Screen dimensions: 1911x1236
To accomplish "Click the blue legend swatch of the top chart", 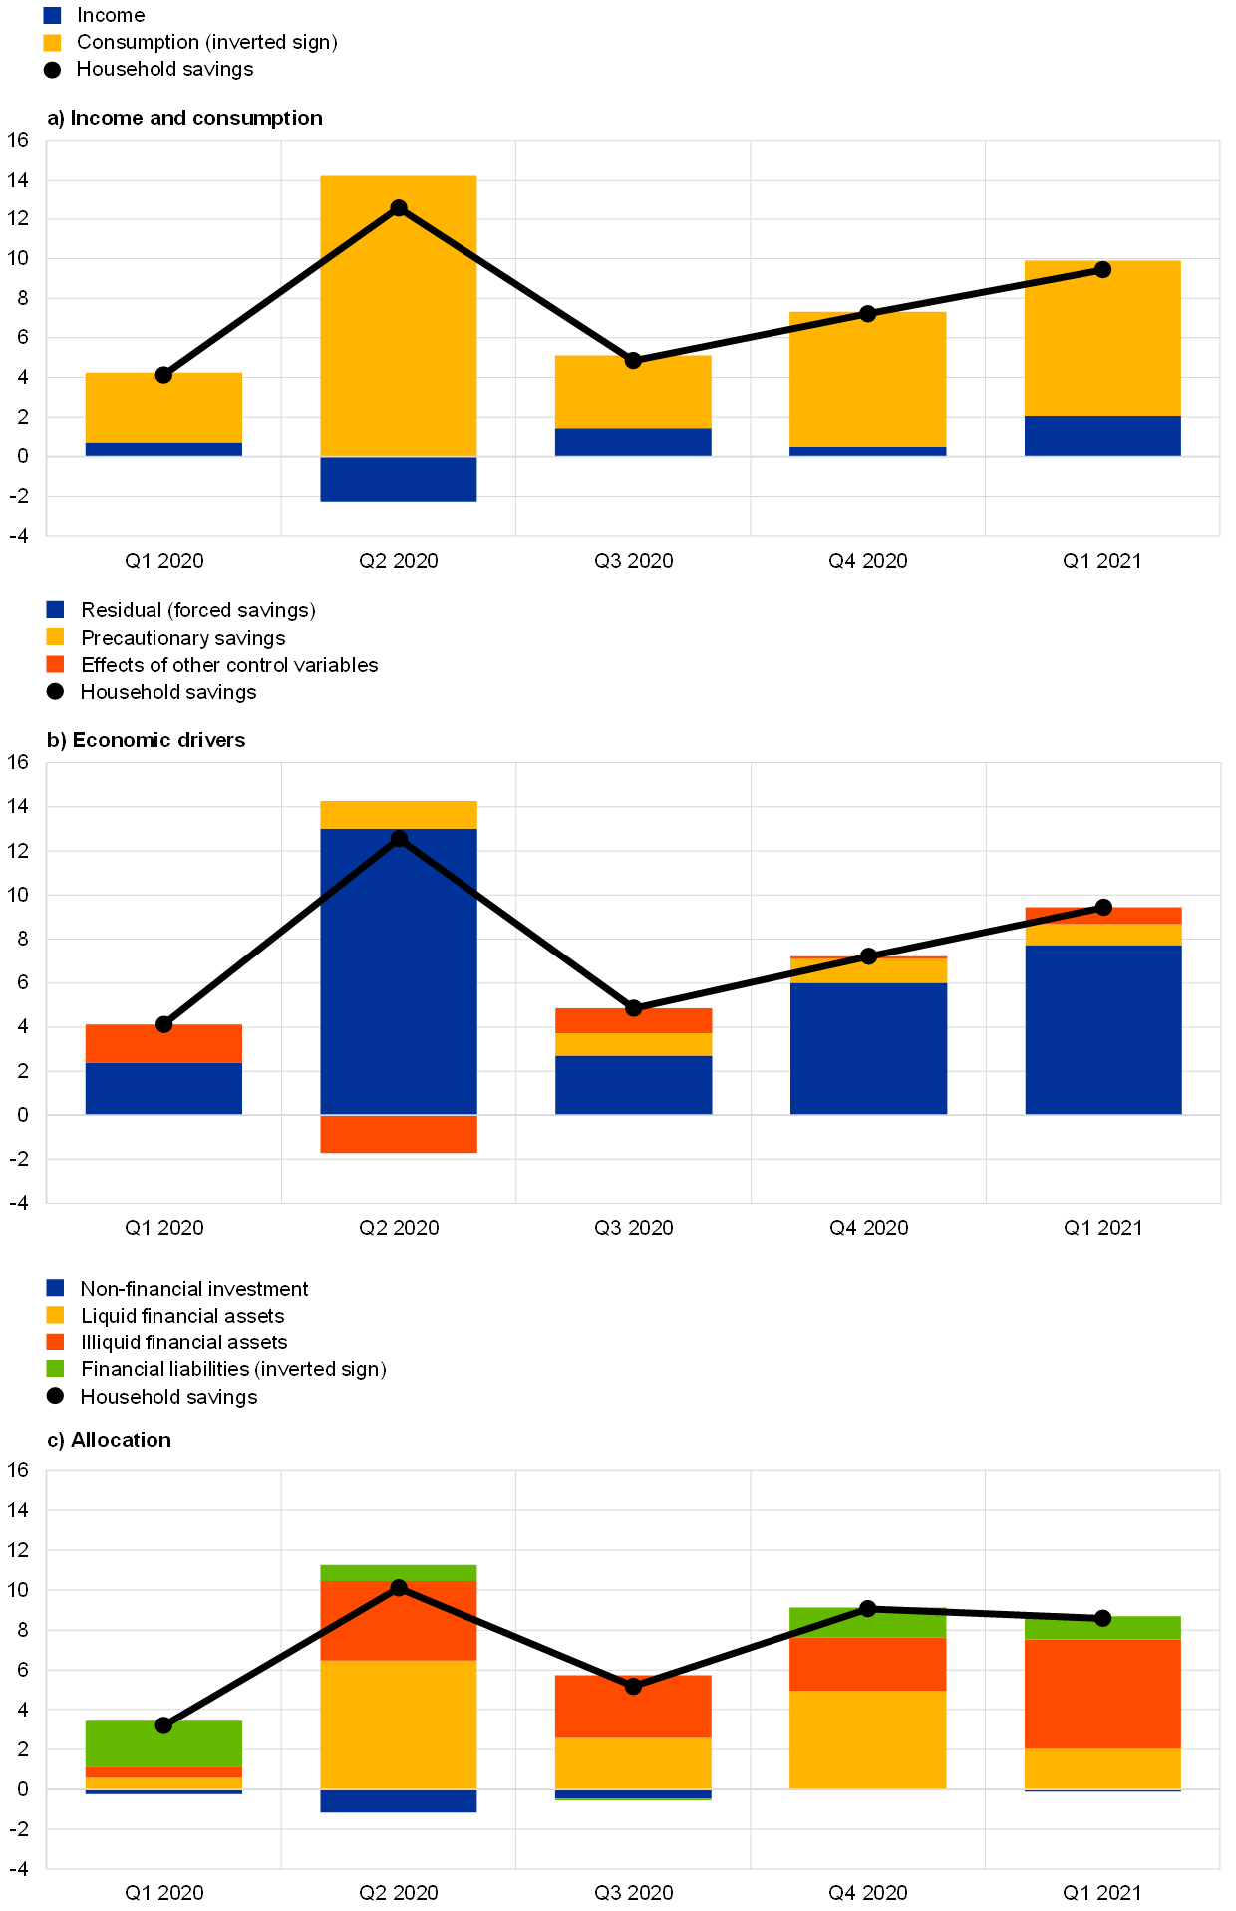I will click(x=53, y=15).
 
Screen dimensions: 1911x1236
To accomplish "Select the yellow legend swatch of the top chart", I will click(x=53, y=43).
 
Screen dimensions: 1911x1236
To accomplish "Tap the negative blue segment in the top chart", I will click(x=399, y=479).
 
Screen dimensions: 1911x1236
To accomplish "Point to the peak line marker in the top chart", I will click(x=399, y=207).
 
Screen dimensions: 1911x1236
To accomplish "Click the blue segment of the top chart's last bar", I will click(x=1102, y=436).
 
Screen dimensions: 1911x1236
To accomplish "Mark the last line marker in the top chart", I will click(x=1102, y=269).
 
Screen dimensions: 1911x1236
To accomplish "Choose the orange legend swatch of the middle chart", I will click(x=55, y=664).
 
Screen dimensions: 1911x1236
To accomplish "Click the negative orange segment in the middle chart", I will click(x=399, y=1134).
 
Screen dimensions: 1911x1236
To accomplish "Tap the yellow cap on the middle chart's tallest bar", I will click(x=399, y=815).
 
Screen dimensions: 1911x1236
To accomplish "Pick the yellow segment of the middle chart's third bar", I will click(x=633, y=1044).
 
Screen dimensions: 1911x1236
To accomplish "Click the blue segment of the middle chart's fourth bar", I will click(x=868, y=1048).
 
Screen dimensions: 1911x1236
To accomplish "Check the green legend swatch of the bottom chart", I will click(x=55, y=1368).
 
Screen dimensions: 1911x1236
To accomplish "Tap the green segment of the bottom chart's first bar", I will click(x=163, y=1743).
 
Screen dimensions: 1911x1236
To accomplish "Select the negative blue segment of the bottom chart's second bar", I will click(x=399, y=1800).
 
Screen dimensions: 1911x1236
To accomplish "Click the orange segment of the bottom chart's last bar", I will click(x=1102, y=1694).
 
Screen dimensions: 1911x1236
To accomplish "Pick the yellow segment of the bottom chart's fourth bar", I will click(x=868, y=1739).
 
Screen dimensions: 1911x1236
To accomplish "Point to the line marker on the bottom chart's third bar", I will click(x=633, y=1686).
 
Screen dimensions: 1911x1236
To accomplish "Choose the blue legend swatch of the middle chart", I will click(x=55, y=609).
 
